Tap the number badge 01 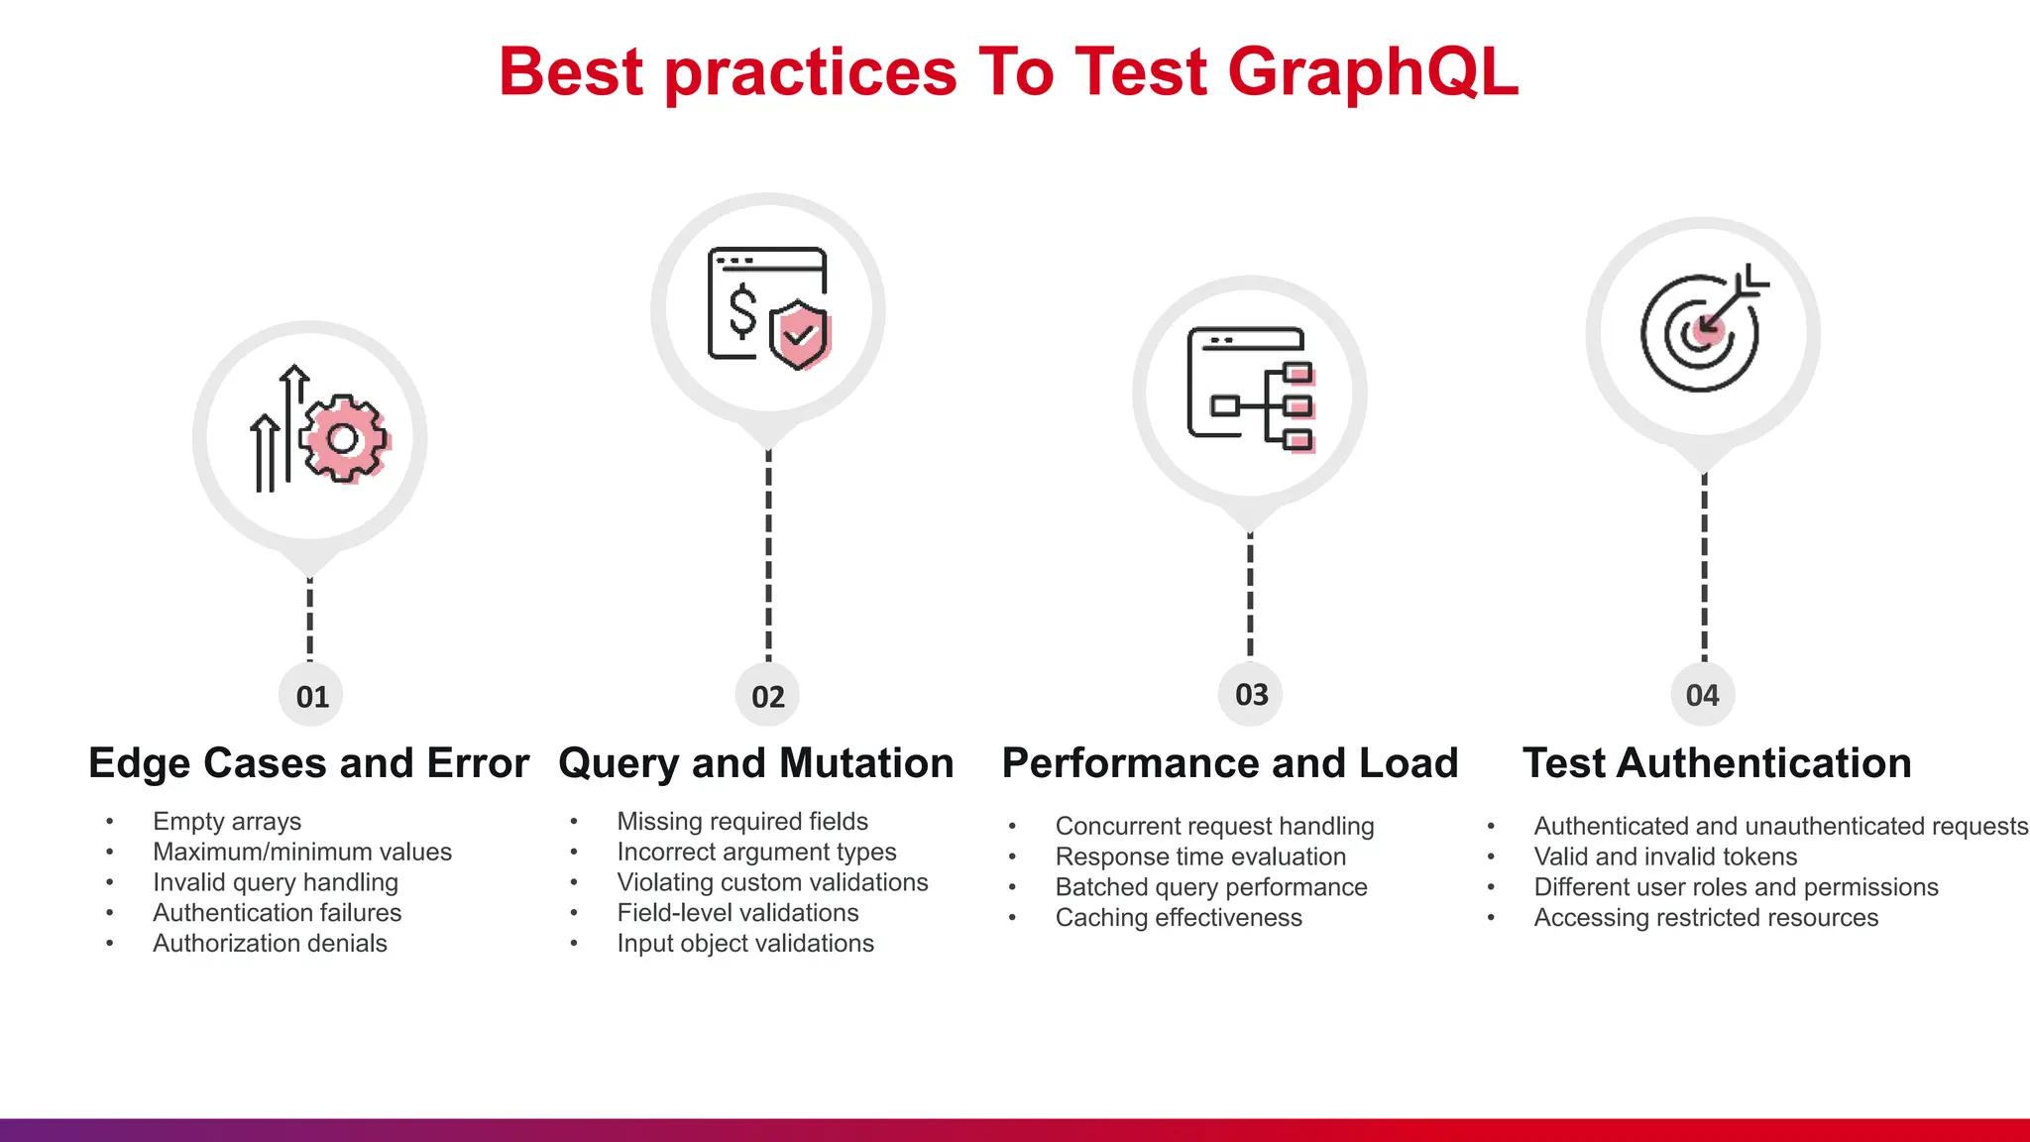(311, 696)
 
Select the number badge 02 (768, 696)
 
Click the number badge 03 (1251, 694)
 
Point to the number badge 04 (1703, 695)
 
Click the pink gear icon (343, 439)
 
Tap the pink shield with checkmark (799, 334)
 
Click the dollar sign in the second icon (742, 311)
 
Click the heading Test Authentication (1717, 763)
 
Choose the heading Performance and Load (1230, 763)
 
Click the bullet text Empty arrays (227, 822)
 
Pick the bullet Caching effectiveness (1179, 918)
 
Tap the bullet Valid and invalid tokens (1665, 856)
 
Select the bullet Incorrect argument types (756, 853)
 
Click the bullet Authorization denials (270, 944)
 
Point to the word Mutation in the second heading (866, 763)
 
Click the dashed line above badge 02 (768, 555)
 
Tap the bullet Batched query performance (1211, 887)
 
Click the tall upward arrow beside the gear (292, 426)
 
